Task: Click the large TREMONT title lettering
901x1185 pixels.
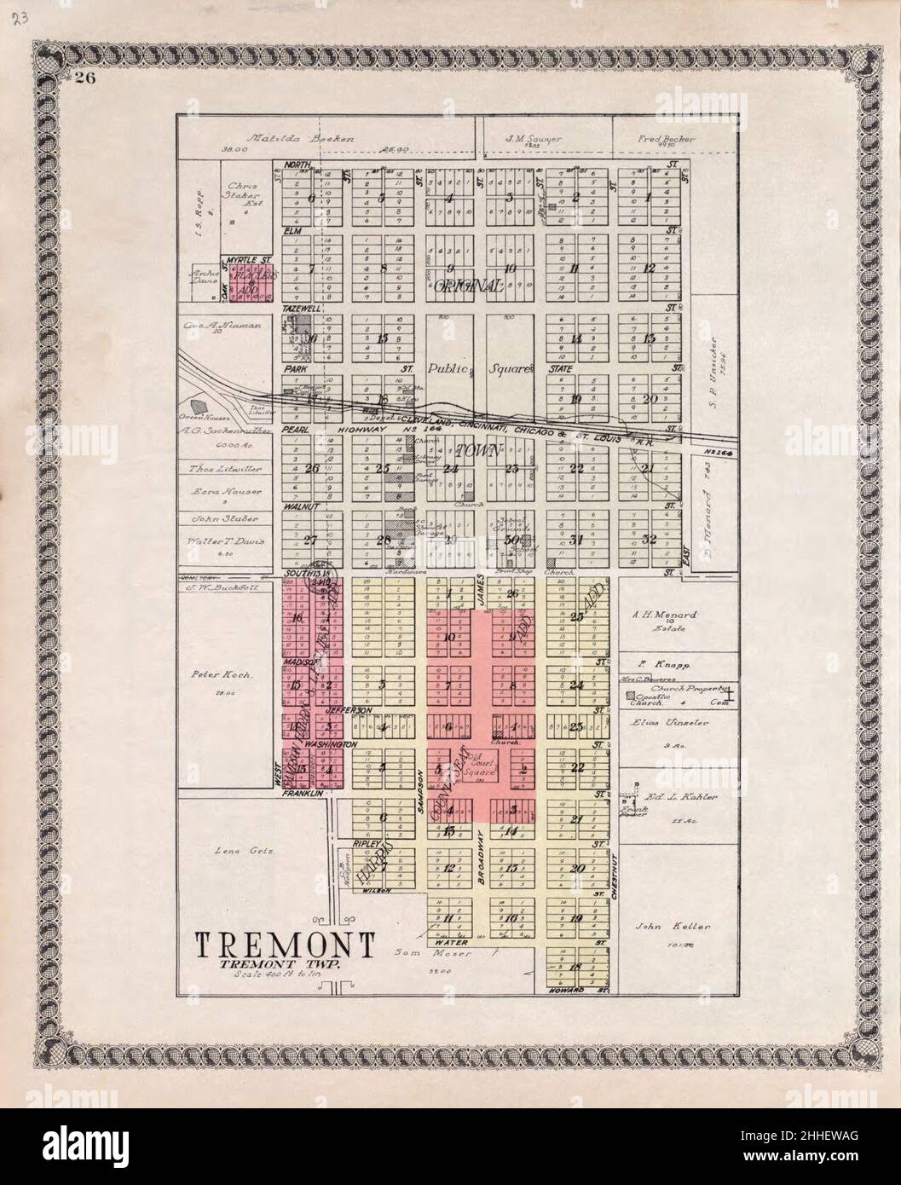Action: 286,945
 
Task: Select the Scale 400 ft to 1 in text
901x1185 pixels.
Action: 264,974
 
